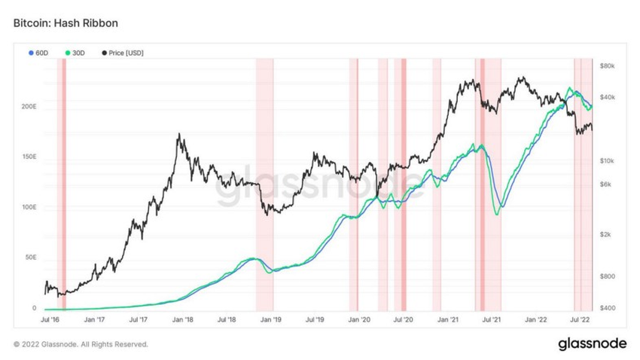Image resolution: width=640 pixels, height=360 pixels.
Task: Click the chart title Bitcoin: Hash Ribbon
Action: click(x=65, y=23)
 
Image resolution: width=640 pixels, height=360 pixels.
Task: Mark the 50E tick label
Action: click(x=31, y=257)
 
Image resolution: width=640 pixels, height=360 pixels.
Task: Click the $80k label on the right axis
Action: click(x=608, y=66)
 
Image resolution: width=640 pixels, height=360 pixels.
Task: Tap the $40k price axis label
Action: click(x=608, y=97)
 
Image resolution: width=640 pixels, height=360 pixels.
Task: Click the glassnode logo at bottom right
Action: click(x=591, y=343)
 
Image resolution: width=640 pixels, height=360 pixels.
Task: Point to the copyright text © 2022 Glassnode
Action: click(x=81, y=344)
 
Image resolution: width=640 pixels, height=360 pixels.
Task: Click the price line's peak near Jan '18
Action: click(x=178, y=134)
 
